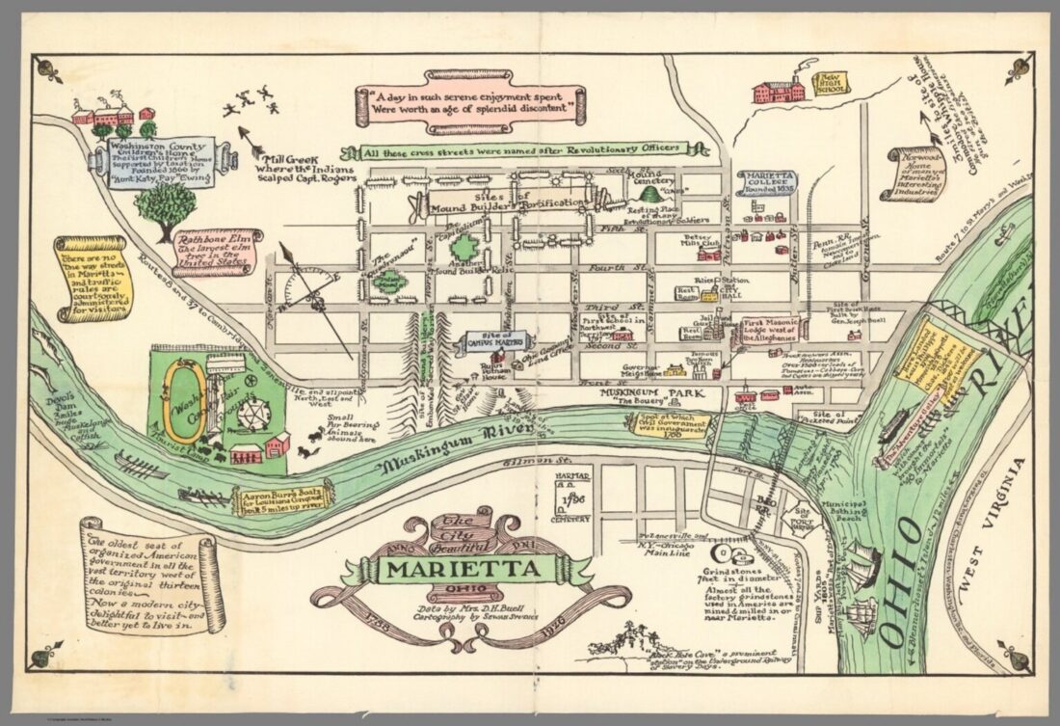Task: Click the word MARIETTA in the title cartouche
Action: tap(464, 569)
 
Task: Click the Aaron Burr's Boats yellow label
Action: tap(284, 497)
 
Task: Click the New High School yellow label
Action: tap(830, 84)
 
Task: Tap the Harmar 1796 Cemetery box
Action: tap(572, 494)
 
